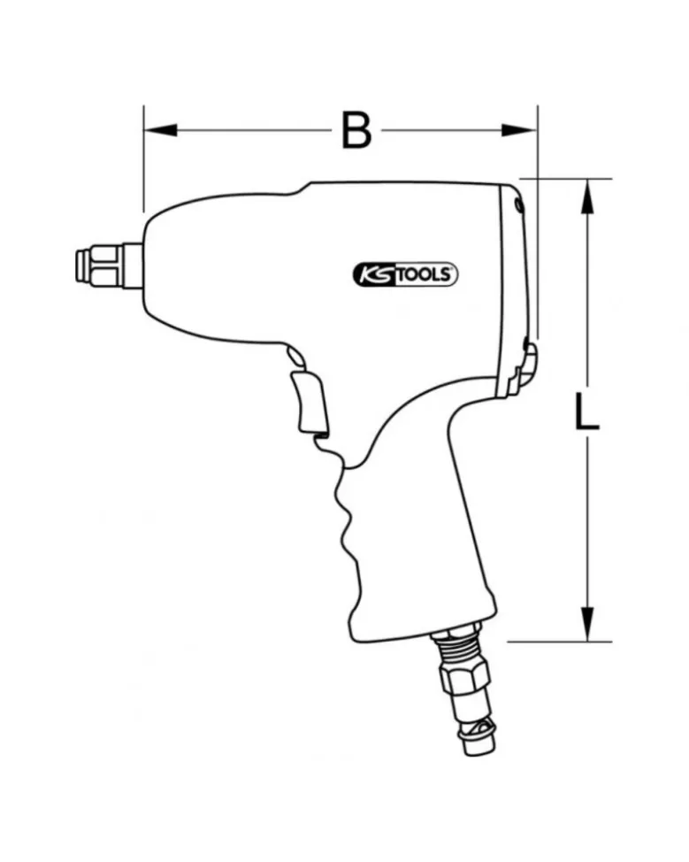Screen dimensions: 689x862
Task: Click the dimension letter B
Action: pos(356,130)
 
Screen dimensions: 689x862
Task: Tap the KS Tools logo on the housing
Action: pos(404,274)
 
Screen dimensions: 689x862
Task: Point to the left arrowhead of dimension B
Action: pos(160,130)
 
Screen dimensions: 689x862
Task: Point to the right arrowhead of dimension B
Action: pos(519,130)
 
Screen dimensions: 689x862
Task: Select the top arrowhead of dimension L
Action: pos(588,196)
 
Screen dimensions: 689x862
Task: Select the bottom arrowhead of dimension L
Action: pos(588,624)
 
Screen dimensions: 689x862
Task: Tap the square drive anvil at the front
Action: pos(109,266)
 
